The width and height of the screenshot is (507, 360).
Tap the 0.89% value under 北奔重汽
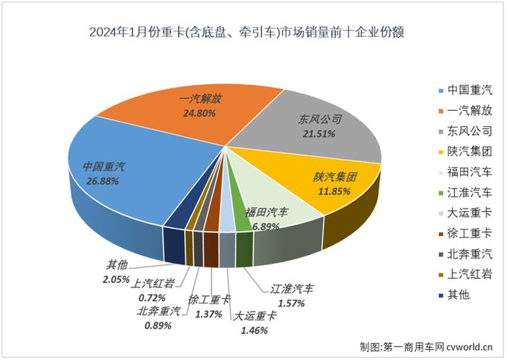[x=159, y=325]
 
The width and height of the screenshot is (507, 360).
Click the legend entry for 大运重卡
[x=466, y=212]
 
